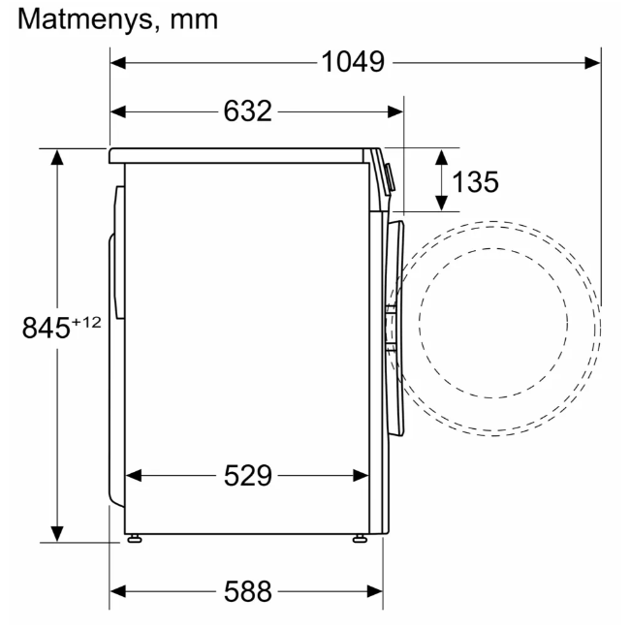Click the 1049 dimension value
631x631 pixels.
353,62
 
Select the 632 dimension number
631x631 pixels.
247,111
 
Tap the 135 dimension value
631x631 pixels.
475,181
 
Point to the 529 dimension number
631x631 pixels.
248,476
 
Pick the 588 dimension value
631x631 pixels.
248,591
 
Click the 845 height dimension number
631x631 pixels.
47,328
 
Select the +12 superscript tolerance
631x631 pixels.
86,323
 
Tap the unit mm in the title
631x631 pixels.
194,21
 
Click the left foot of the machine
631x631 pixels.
134,539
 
